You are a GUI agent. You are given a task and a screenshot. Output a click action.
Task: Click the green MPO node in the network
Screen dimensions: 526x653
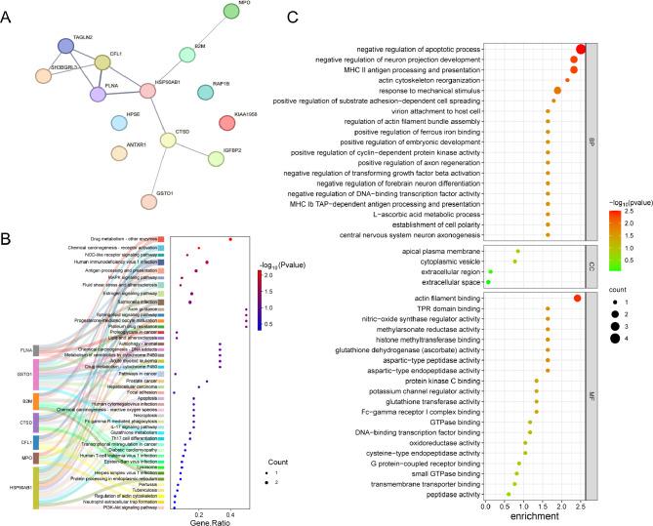[x=230, y=12]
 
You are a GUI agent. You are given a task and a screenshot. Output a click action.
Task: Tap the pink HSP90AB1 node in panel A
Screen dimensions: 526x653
[x=147, y=90]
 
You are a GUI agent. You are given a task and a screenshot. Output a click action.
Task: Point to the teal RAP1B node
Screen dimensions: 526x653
[x=206, y=91]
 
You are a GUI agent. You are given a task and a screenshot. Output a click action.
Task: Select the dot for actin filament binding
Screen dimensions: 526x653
[x=577, y=298]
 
